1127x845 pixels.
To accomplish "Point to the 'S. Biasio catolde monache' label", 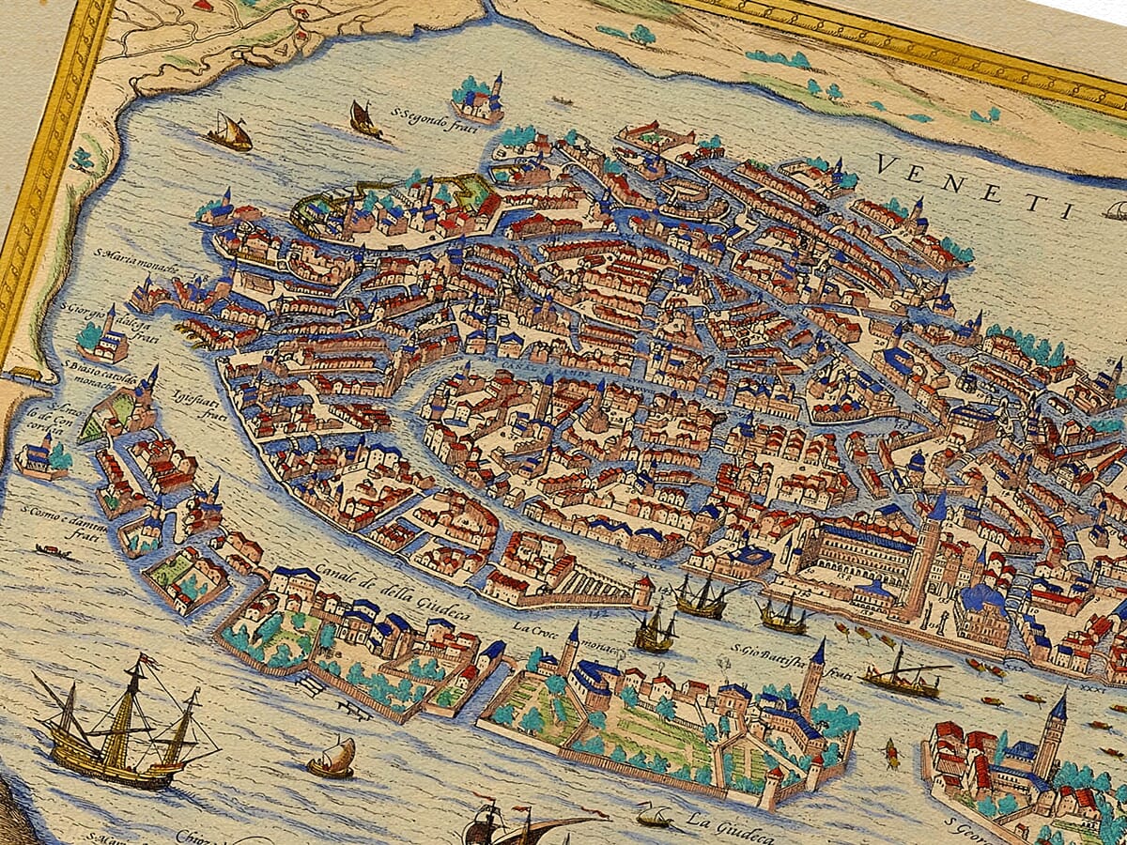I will coord(100,373).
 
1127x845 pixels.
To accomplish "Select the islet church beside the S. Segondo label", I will coord(480,99).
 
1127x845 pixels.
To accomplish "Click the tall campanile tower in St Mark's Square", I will coord(925,554).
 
